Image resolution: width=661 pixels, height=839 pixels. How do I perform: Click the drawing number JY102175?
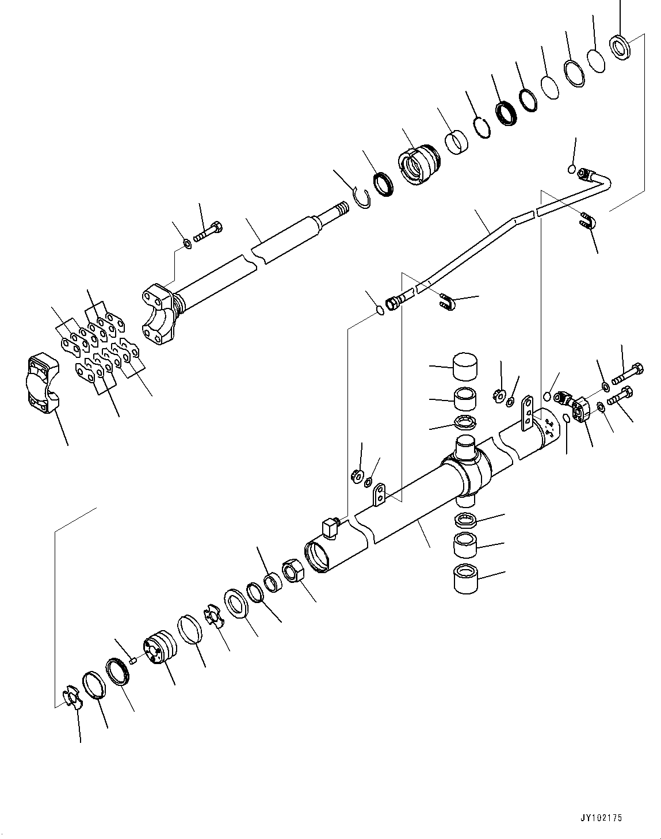[x=601, y=818]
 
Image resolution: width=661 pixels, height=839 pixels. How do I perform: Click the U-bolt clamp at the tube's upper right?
[x=587, y=221]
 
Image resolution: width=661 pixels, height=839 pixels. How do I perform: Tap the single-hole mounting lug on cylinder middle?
[x=379, y=496]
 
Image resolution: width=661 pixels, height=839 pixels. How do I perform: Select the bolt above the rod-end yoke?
[x=208, y=232]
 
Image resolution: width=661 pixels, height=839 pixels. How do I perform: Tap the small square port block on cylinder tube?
[x=330, y=526]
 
